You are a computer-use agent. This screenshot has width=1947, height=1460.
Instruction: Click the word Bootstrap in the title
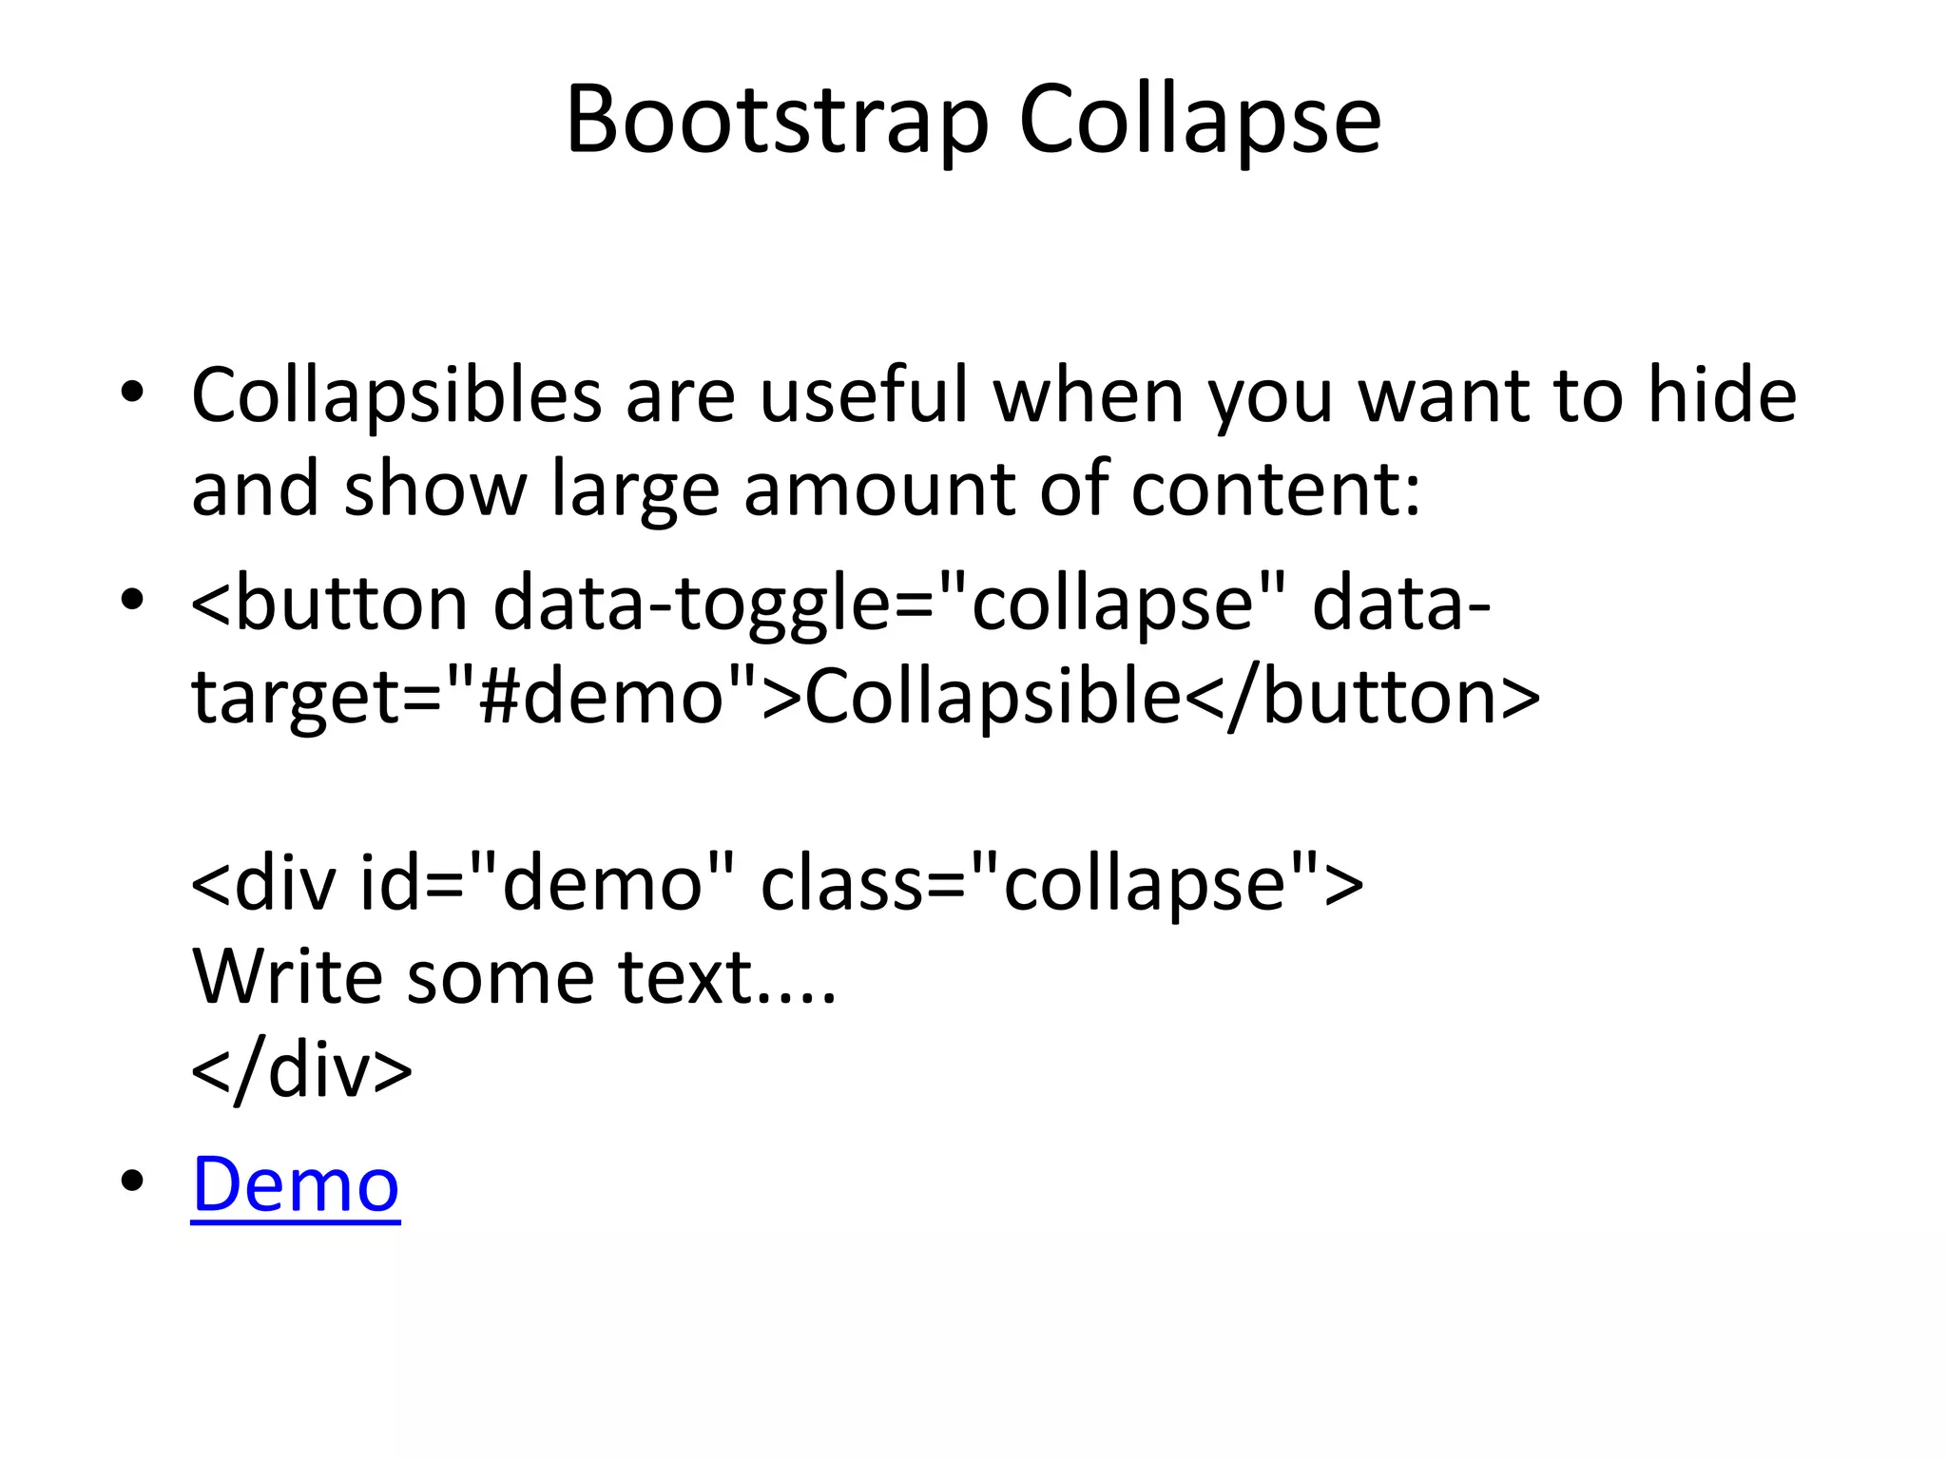tap(777, 121)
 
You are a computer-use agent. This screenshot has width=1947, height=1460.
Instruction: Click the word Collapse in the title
tap(1199, 121)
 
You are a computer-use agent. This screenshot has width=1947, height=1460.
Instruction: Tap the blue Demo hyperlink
tap(296, 1184)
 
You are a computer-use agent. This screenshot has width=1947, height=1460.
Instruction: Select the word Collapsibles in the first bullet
tap(396, 395)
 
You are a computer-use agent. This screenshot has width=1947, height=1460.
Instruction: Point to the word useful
tap(863, 395)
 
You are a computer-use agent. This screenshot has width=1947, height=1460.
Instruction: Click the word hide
tap(1722, 395)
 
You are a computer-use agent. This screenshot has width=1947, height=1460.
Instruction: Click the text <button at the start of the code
tap(329, 605)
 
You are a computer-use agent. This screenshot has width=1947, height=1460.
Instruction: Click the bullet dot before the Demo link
tap(132, 1181)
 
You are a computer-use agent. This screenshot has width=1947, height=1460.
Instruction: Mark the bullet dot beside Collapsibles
tap(132, 392)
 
